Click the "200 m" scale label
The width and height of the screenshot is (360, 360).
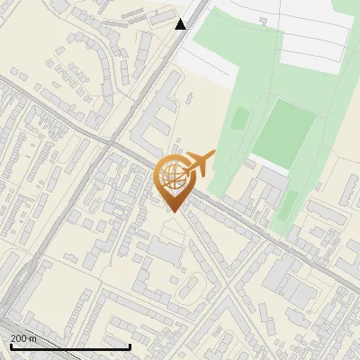pyautogui.click(x=24, y=338)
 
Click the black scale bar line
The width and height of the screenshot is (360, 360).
pyautogui.click(x=70, y=346)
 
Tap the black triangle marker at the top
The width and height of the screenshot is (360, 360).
pyautogui.click(x=181, y=24)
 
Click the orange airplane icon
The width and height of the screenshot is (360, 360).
pyautogui.click(x=198, y=164)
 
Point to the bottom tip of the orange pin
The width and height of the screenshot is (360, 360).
pyautogui.click(x=172, y=211)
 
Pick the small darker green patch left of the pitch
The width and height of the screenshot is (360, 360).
pyautogui.click(x=239, y=118)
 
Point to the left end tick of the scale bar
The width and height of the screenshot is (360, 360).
pyautogui.click(x=11, y=346)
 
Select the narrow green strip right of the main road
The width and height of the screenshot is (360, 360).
pyautogui.click(x=288, y=212)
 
